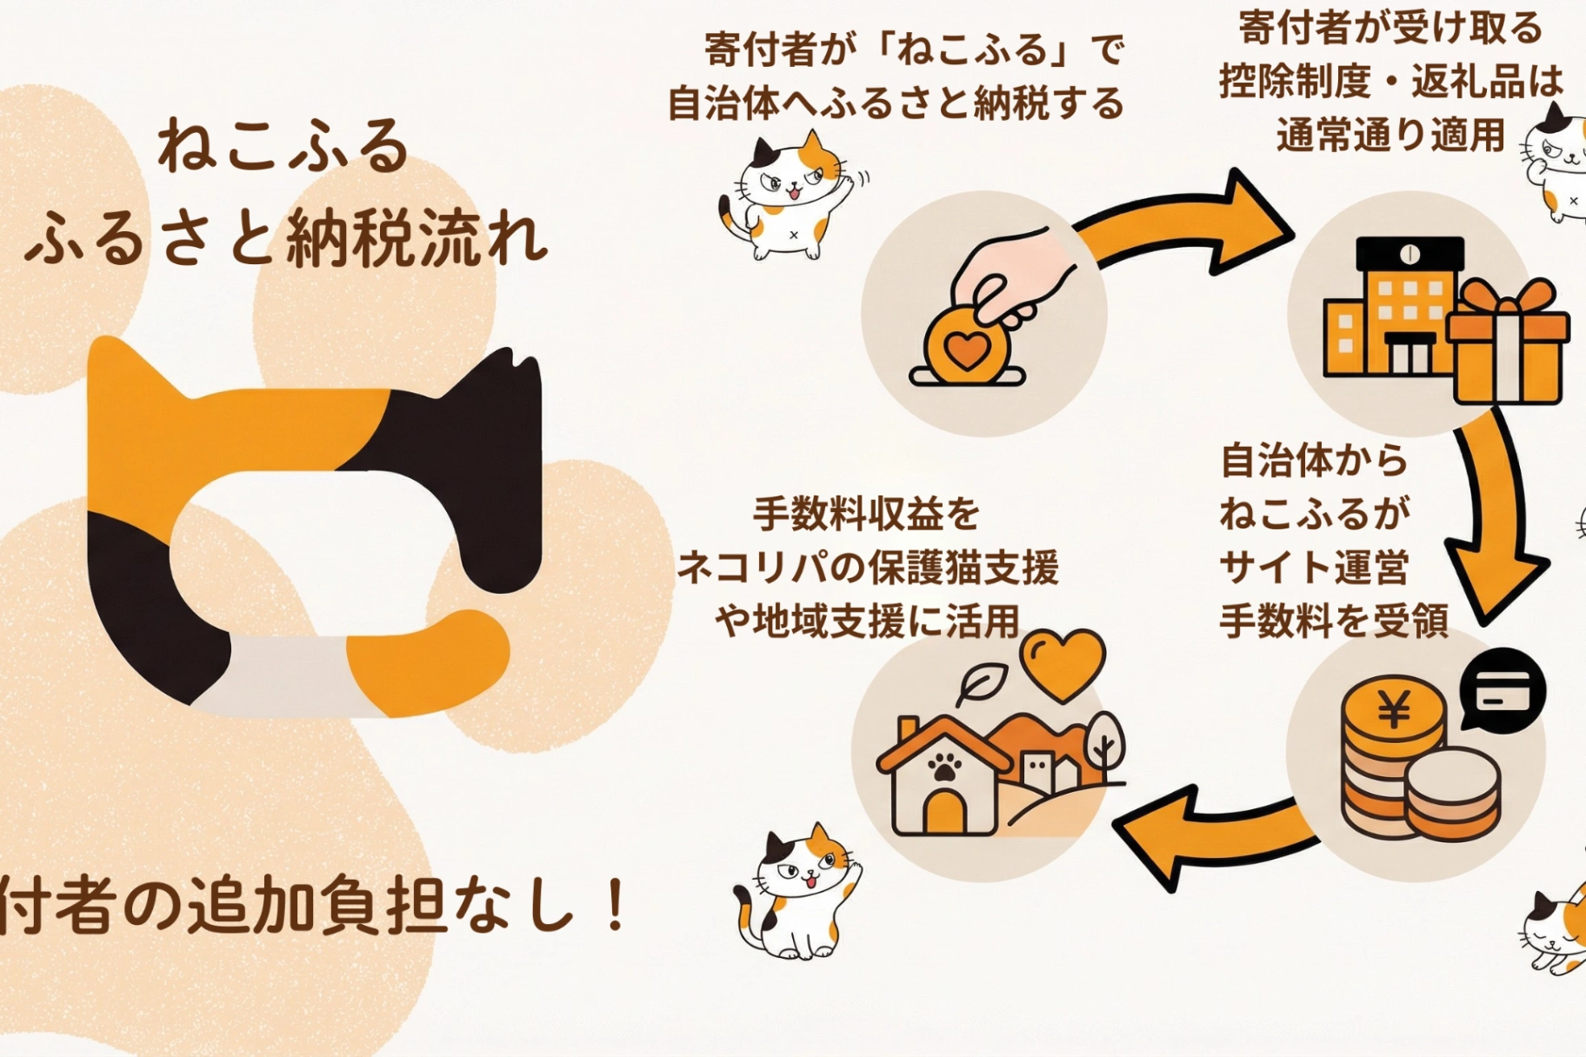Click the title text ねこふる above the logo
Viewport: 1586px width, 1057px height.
pyautogui.click(x=283, y=145)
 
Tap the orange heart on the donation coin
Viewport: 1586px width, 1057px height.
pyautogui.click(x=967, y=349)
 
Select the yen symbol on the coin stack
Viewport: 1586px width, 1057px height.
pyautogui.click(x=1394, y=712)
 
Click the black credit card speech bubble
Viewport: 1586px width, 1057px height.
pyautogui.click(x=1503, y=690)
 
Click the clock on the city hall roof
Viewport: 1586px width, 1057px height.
pyautogui.click(x=1409, y=254)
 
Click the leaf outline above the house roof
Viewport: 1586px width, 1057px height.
pyautogui.click(x=981, y=683)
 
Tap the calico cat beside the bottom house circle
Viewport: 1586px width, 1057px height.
pyautogui.click(x=795, y=891)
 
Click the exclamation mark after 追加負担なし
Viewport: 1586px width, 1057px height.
pyautogui.click(x=616, y=905)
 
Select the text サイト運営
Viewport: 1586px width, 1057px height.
pyautogui.click(x=1313, y=568)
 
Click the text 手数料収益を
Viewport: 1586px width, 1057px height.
pyautogui.click(x=866, y=514)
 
